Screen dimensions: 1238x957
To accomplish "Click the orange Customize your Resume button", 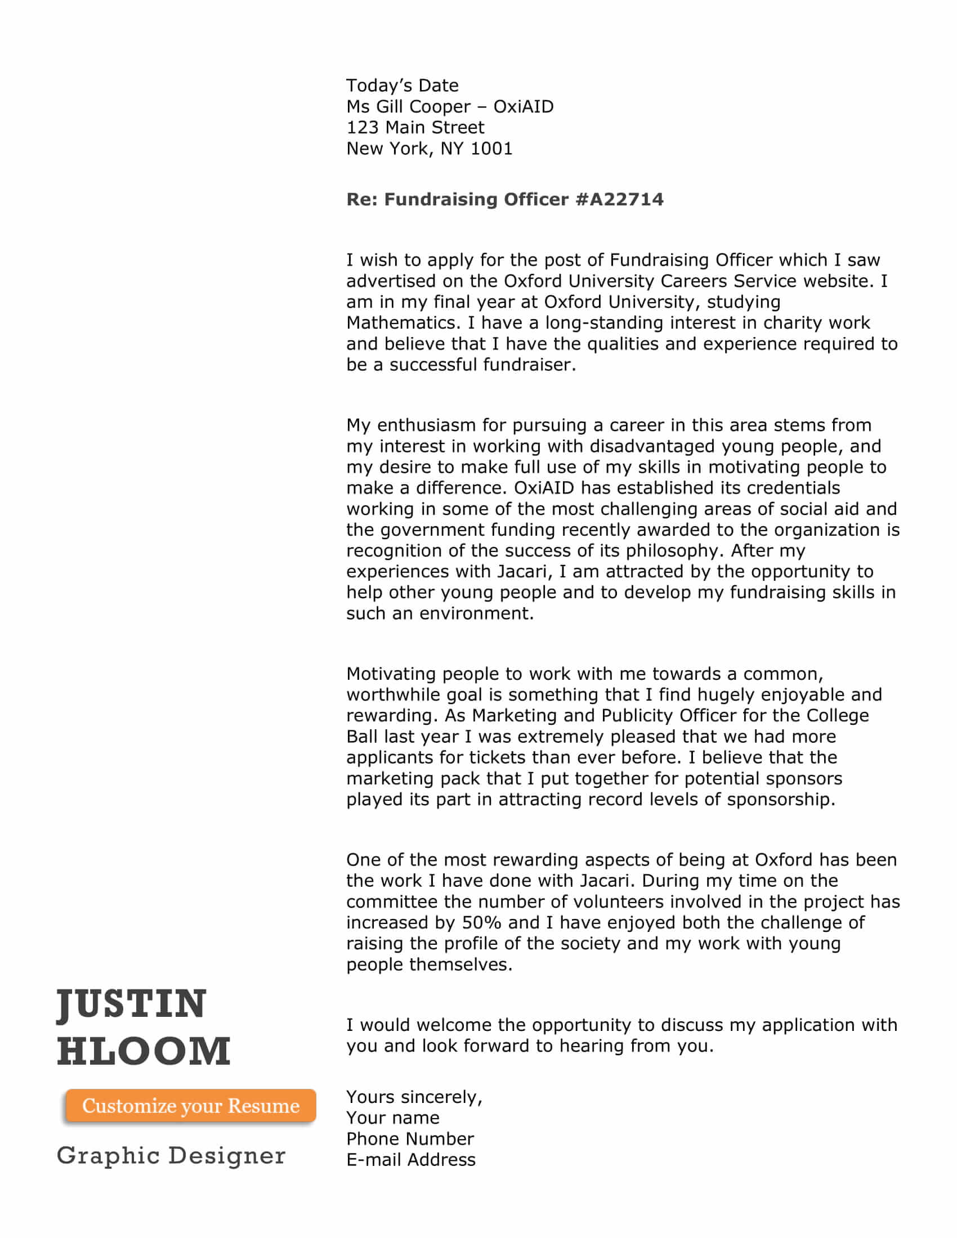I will point(190,1105).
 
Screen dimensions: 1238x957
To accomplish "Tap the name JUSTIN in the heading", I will point(132,1003).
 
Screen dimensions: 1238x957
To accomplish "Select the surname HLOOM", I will point(144,1051).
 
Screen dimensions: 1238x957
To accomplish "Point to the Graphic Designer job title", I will point(171,1155).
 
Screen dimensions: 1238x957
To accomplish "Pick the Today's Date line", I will point(403,86).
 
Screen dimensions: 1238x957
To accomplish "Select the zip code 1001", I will point(491,149).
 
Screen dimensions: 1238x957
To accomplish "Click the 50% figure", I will point(481,923).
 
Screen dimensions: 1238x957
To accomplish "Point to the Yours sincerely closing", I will point(414,1097).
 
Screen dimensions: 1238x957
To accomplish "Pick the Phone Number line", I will point(410,1139).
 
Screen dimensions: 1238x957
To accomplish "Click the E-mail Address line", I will point(411,1160).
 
